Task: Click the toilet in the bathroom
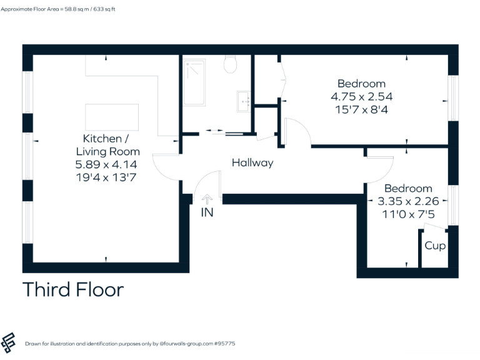tap(230, 64)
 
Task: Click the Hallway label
tap(252, 162)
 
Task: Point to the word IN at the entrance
tap(207, 212)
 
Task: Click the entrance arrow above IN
tap(207, 199)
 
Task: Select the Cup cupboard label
tap(435, 246)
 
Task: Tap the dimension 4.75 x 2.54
tap(361, 96)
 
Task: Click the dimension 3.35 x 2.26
tap(412, 201)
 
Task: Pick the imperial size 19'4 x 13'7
tap(107, 177)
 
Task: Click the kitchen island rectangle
tap(112, 117)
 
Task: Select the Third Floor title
tap(73, 290)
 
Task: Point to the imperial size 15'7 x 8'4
tap(361, 109)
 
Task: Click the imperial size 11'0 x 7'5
tap(412, 214)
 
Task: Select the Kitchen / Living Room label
tap(107, 145)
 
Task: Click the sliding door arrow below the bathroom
tap(214, 131)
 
